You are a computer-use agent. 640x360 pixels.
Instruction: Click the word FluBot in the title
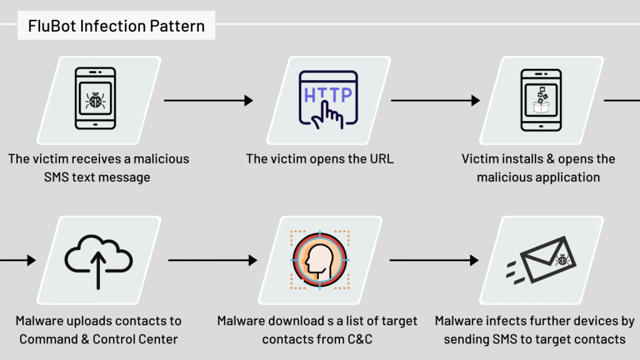[49, 26]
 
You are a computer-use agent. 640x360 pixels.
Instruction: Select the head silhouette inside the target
[320, 257]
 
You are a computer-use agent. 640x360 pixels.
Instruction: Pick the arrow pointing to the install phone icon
[435, 100]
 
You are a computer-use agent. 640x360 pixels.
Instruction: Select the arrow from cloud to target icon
[212, 259]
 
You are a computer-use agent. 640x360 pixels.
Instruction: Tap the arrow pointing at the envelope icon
[434, 259]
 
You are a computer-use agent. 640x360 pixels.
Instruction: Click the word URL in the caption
[380, 159]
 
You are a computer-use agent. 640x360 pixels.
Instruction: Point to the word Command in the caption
[51, 339]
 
